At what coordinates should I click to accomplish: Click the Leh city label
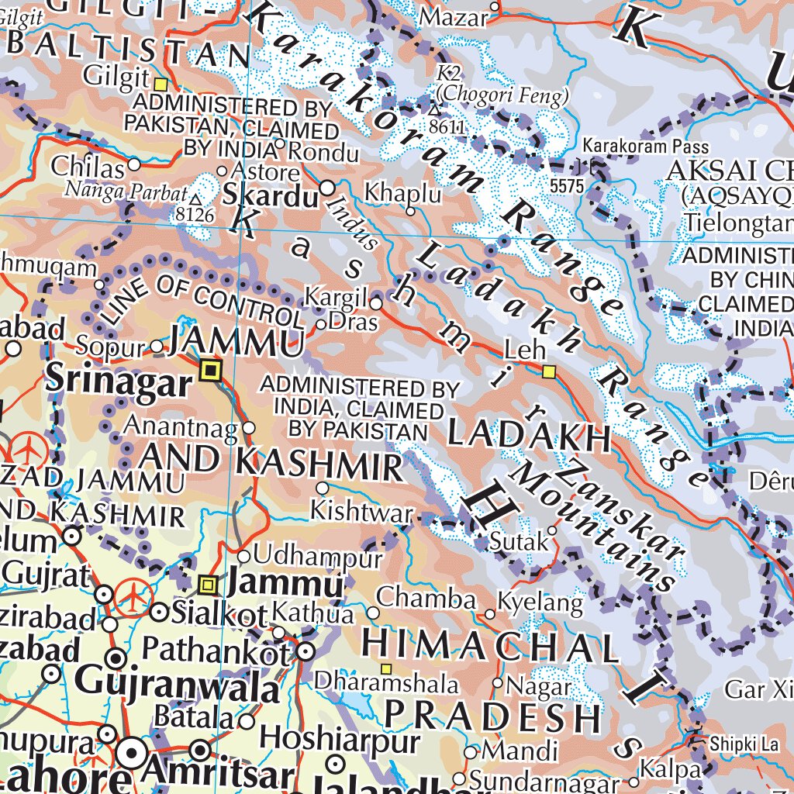(525, 350)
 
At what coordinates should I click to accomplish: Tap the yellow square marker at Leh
(549, 372)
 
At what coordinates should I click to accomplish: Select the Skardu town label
(271, 196)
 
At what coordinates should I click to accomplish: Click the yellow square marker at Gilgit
(161, 84)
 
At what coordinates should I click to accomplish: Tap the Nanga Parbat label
(126, 190)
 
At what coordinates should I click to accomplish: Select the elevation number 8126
(195, 213)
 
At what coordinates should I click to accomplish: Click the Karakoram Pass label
(645, 146)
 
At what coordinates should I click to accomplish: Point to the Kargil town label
(335, 297)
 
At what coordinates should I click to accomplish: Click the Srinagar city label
(118, 381)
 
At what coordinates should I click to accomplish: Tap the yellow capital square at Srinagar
(209, 371)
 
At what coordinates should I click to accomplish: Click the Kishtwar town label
(361, 512)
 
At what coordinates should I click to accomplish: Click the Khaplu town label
(402, 193)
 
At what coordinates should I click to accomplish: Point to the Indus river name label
(352, 222)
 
